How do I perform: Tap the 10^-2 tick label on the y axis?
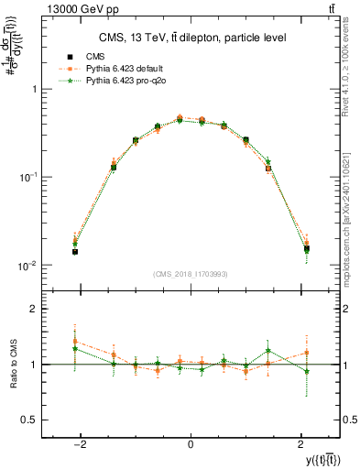click(x=28, y=266)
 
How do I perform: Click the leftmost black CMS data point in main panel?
click(x=75, y=251)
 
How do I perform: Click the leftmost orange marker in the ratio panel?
click(x=75, y=342)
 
